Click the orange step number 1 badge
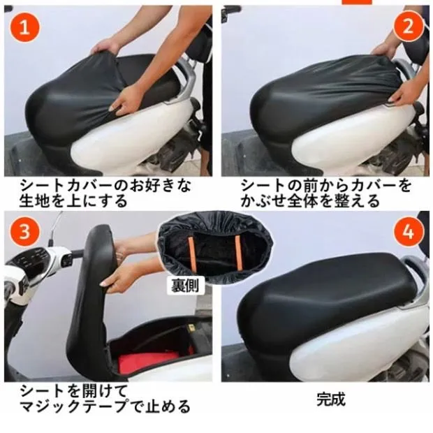pos(25,27)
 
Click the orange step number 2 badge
pos(409,27)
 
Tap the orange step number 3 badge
pos(25,230)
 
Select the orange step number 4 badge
pos(409,231)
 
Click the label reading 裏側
pos(185,285)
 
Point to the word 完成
pos(331,399)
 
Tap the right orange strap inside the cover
pos(238,253)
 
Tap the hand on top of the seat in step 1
pos(105,47)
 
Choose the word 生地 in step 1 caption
pos(34,200)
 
